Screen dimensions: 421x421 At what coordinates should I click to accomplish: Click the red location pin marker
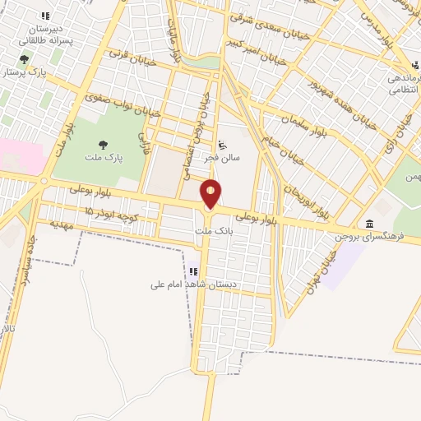pyautogui.click(x=211, y=194)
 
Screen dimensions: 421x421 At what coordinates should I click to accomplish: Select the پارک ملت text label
pyautogui.click(x=104, y=156)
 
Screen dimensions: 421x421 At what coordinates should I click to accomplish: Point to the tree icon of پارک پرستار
pyautogui.click(x=24, y=60)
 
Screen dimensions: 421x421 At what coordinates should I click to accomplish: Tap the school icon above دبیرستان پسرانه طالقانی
pyautogui.click(x=45, y=16)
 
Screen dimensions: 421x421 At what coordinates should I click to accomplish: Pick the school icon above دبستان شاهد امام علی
pyautogui.click(x=193, y=271)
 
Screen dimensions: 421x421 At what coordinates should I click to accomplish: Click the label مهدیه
pyautogui.click(x=62, y=223)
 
